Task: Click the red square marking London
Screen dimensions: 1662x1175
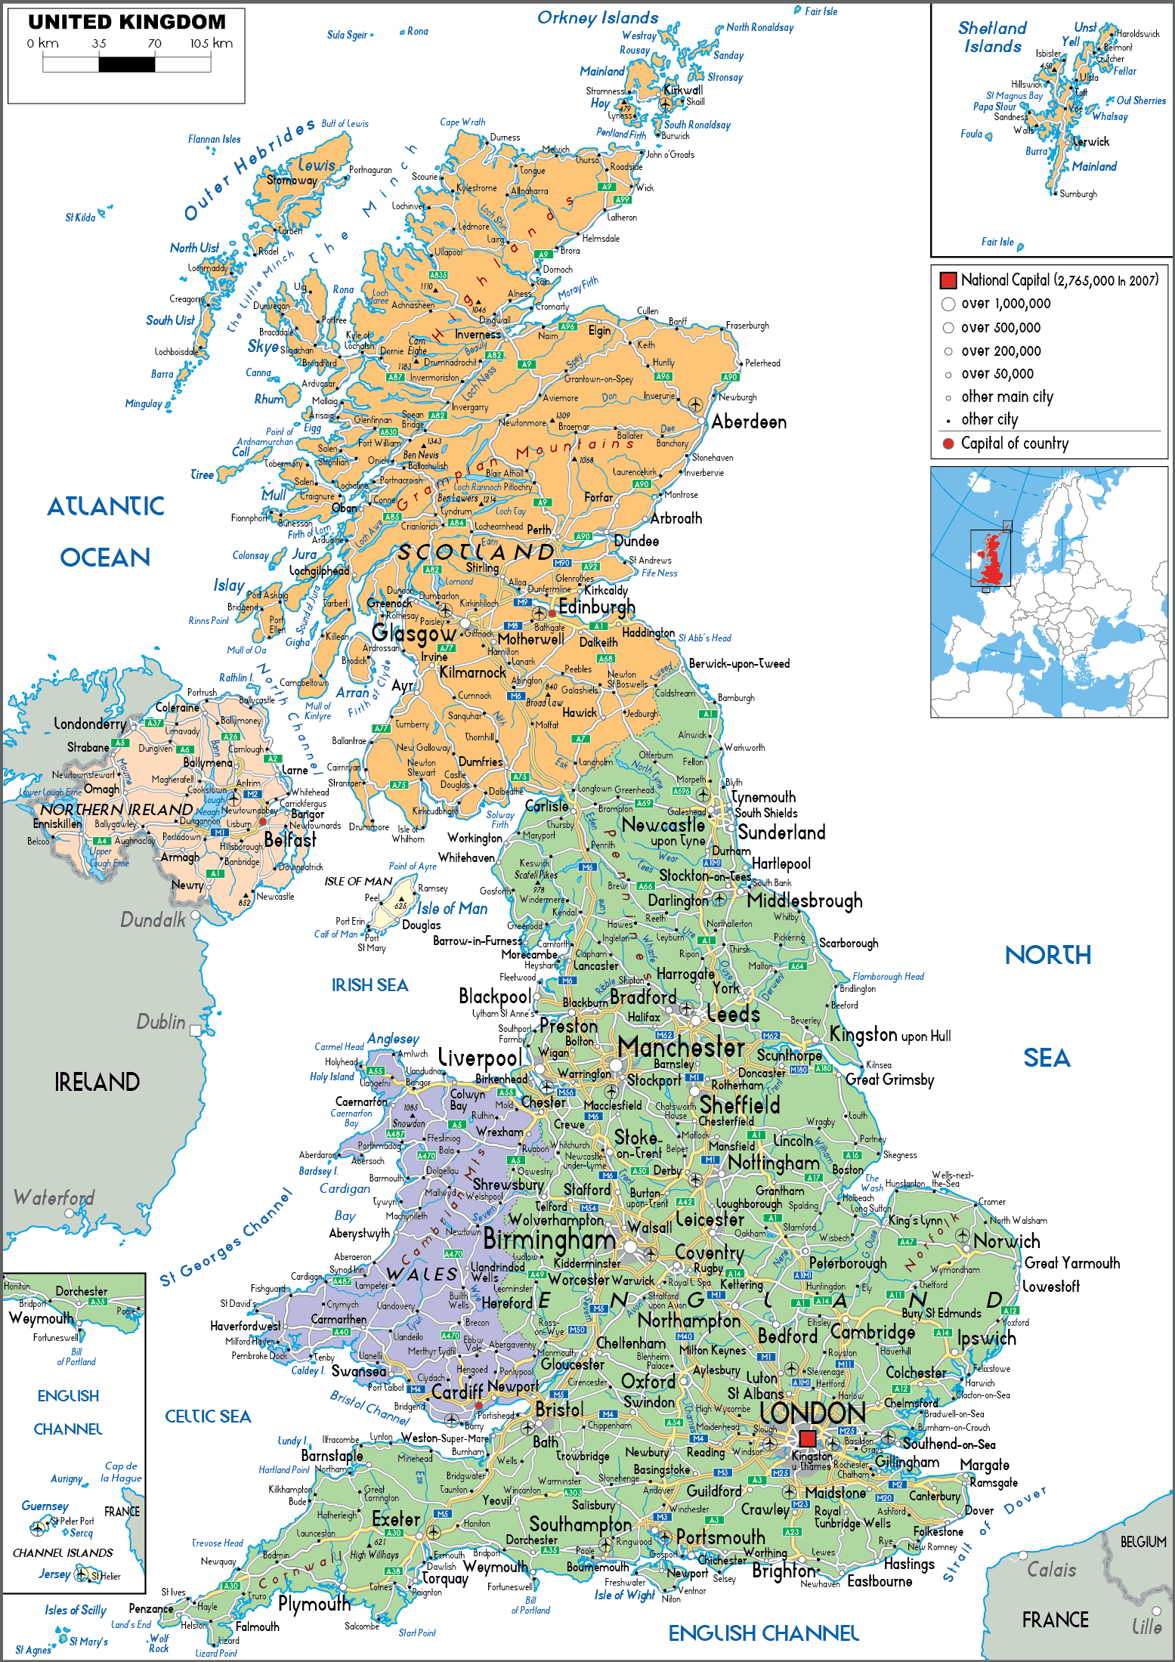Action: (x=807, y=1438)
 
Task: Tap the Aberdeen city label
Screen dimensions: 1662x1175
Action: (x=748, y=422)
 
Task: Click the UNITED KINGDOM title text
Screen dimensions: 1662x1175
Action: (x=127, y=22)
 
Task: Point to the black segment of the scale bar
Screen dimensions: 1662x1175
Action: (x=126, y=64)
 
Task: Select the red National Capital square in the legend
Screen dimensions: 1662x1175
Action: (x=948, y=280)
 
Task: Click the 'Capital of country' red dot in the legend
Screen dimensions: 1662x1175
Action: (x=948, y=443)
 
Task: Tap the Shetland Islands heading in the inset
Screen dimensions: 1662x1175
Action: (x=992, y=38)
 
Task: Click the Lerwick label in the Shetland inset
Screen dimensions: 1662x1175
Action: (x=1091, y=142)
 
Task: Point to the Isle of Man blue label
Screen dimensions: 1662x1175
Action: (x=452, y=909)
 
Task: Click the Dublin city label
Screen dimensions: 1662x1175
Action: (x=160, y=1022)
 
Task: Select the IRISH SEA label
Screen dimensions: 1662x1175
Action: (x=370, y=985)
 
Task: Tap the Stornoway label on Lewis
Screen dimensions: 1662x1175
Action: (x=292, y=181)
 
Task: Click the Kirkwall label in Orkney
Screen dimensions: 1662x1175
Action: (x=682, y=90)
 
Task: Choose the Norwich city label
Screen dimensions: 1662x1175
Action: (x=1006, y=1241)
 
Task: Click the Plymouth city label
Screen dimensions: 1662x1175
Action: (x=314, y=1603)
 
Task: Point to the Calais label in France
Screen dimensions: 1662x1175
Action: (x=1051, y=1570)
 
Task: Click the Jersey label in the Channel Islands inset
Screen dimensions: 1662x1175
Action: (x=54, y=1574)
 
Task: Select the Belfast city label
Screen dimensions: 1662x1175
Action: (x=290, y=840)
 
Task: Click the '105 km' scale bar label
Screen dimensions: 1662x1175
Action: (x=211, y=44)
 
